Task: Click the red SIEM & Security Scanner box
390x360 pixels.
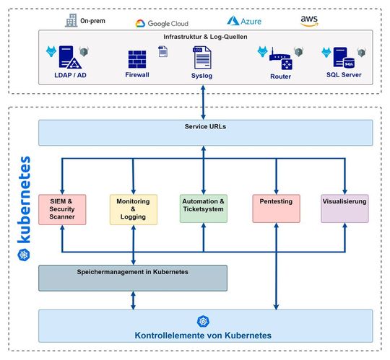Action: point(63,208)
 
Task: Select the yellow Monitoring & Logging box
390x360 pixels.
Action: point(133,208)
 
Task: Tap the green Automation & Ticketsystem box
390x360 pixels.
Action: point(204,208)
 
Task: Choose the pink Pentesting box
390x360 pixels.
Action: point(274,208)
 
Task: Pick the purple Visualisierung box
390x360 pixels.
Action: point(344,208)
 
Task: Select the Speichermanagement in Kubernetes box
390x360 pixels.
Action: point(133,278)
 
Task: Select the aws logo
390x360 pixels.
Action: point(310,22)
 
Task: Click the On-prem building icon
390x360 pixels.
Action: point(71,21)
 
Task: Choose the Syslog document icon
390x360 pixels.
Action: point(201,57)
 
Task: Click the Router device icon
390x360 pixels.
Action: point(280,59)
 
